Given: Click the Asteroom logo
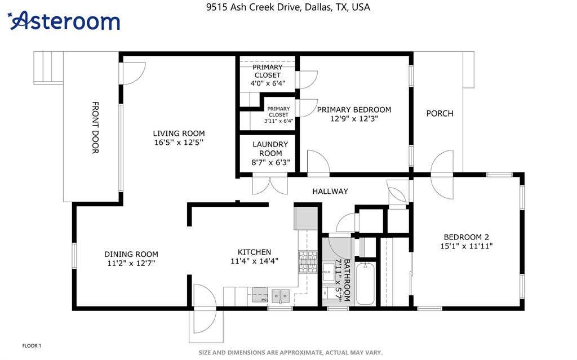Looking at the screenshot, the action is coord(64,21).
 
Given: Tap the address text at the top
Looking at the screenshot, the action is coord(288,7).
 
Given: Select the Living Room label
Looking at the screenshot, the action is coord(179,134).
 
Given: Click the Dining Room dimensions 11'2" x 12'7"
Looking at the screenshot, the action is coord(131,263).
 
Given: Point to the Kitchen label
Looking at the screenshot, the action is coord(254,252).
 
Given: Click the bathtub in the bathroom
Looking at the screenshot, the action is coord(365,283).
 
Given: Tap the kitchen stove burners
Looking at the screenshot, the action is coord(308,262).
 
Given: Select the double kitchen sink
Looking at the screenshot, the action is coord(281,296).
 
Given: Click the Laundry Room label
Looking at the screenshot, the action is coord(270,149).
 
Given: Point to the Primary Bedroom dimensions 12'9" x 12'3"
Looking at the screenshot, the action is coord(354,118).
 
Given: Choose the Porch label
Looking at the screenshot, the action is coord(440,113).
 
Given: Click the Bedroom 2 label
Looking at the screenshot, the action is coord(466,237).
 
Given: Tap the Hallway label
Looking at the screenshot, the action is coord(330,191).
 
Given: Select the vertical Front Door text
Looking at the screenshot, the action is coord(95,127).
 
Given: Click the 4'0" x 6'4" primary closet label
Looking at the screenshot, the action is coord(268,75).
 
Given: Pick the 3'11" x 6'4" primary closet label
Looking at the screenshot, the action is coord(278,115).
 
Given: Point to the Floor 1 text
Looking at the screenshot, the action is coord(32,346).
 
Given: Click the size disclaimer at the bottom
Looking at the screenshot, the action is coord(291,353).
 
